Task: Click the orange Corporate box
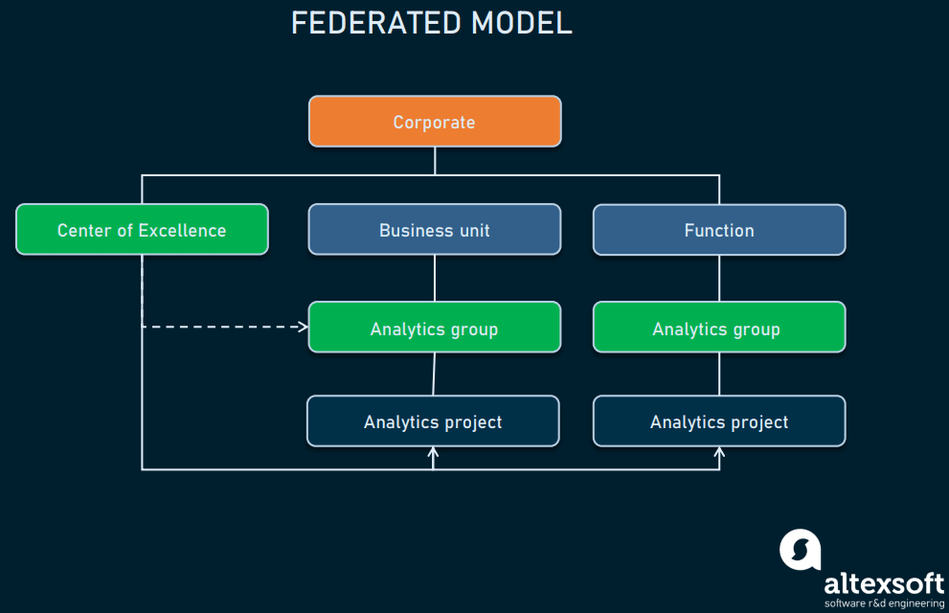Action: (434, 122)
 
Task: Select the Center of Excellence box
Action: (142, 230)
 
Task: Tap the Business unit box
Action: (434, 230)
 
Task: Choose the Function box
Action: (718, 230)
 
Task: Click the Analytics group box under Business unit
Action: (434, 328)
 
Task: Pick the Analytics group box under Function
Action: (718, 328)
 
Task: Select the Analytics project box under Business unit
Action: (433, 421)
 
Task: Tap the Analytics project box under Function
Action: (718, 421)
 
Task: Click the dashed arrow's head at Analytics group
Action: (304, 327)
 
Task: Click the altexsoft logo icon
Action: (800, 550)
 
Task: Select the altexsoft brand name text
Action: (883, 583)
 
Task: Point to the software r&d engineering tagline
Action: (883, 603)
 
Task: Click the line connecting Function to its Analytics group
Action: (719, 278)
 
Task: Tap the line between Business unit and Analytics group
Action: (435, 278)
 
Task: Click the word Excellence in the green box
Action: (182, 230)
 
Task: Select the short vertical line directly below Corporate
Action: (435, 161)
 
